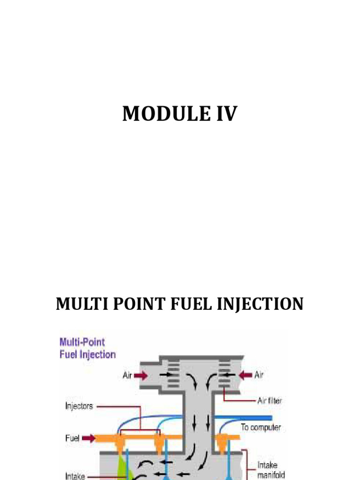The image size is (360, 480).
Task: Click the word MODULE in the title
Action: click(x=159, y=114)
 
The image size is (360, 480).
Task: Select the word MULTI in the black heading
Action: click(x=78, y=304)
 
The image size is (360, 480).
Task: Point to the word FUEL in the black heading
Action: click(x=181, y=304)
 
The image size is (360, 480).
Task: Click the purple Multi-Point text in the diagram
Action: click(x=82, y=343)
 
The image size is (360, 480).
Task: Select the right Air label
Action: click(x=258, y=375)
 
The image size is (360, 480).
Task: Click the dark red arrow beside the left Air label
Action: click(x=142, y=375)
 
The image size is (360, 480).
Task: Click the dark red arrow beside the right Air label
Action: click(x=244, y=375)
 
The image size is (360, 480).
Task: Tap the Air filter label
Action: click(x=270, y=401)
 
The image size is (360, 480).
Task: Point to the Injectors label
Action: click(x=79, y=406)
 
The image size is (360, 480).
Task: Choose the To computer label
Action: click(x=261, y=427)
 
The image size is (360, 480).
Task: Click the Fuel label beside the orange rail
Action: click(x=72, y=439)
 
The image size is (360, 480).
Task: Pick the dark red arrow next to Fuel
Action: click(x=89, y=439)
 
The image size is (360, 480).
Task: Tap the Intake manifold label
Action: click(x=268, y=470)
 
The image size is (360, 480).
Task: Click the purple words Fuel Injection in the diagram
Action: click(x=88, y=354)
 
